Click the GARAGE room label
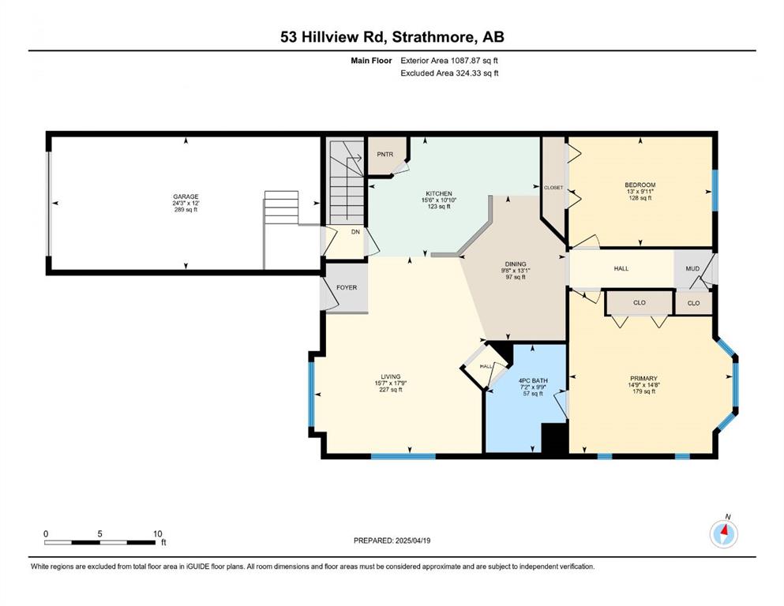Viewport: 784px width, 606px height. (x=186, y=196)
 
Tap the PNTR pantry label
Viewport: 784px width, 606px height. (x=385, y=155)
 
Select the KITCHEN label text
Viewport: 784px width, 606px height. (x=439, y=193)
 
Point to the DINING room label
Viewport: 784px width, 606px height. (x=516, y=264)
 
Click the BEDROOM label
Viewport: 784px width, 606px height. (x=640, y=185)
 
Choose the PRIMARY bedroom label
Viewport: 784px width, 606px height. (x=643, y=378)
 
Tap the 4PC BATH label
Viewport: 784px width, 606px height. (x=533, y=380)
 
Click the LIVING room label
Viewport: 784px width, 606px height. (x=391, y=376)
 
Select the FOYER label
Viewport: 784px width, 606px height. (x=347, y=287)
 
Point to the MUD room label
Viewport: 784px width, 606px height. (x=692, y=268)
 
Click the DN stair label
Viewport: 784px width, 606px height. (x=355, y=232)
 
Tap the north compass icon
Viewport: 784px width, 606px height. (x=724, y=533)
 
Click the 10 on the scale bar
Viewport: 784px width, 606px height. (x=157, y=533)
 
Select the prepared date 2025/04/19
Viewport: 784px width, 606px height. (x=413, y=541)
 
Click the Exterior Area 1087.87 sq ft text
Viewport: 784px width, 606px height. (x=449, y=61)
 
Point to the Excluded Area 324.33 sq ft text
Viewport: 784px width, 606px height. (x=449, y=73)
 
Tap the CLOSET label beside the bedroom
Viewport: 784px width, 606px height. (x=553, y=187)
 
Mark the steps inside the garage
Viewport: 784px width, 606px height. (x=282, y=208)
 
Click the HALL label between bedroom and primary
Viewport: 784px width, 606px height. (x=621, y=268)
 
